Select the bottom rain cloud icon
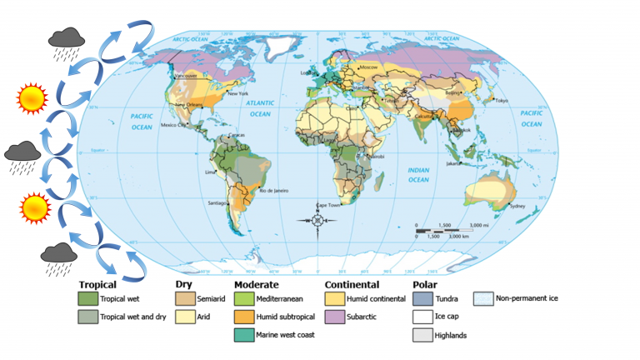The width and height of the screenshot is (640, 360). (x=59, y=255)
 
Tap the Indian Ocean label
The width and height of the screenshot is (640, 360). (x=417, y=175)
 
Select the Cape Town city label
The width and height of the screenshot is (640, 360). (x=329, y=204)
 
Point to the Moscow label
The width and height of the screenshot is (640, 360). (x=369, y=65)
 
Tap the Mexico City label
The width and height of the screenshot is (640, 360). (x=175, y=125)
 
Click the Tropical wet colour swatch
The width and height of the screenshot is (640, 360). (x=87, y=297)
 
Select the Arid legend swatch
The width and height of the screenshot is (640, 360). (x=185, y=317)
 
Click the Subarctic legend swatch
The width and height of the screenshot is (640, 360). (x=336, y=317)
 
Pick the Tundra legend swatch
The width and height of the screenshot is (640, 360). (x=422, y=297)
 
